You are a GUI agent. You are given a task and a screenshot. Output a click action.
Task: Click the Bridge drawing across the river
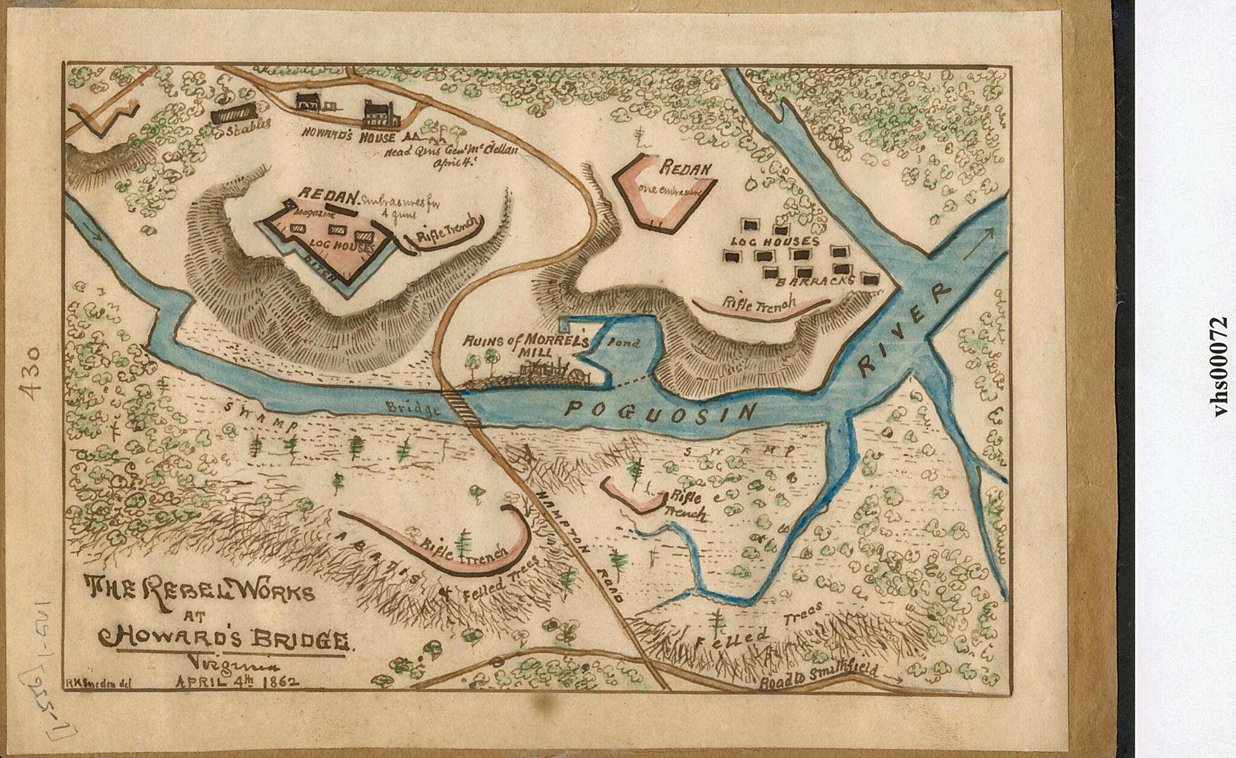click(x=462, y=409)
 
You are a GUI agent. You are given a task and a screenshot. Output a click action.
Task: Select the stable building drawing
click(x=233, y=112)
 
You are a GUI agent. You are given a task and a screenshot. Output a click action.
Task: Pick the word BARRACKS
click(x=815, y=281)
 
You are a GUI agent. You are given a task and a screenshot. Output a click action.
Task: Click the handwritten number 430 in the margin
click(x=30, y=372)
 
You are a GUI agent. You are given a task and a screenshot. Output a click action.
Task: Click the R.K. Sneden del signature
click(x=97, y=683)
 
